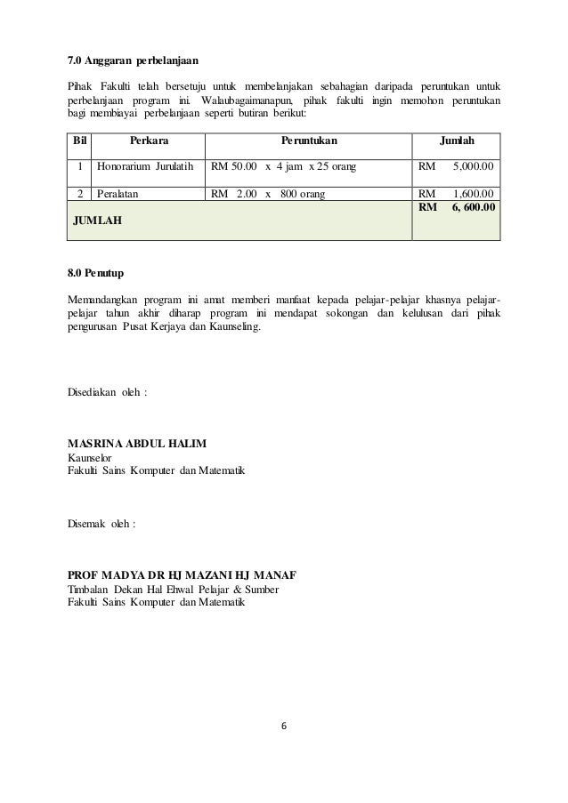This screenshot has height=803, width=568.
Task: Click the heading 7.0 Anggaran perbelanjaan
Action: pos(134,61)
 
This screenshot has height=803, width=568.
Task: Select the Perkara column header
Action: pos(149,141)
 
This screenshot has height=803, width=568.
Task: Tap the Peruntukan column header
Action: pos(309,141)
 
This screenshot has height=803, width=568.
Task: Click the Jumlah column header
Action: pos(456,141)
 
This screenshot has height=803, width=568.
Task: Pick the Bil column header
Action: pos(78,141)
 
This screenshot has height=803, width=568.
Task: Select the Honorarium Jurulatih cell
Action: pos(144,165)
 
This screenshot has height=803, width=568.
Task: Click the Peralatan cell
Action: pos(120,193)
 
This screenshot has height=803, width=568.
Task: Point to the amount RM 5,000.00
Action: pos(457,165)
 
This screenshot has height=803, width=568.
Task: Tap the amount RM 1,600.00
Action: pos(457,193)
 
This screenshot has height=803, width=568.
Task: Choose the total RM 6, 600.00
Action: pos(457,206)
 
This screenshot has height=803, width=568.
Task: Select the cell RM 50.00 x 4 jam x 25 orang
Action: pos(282,165)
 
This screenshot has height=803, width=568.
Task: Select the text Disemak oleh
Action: pos(102,524)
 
